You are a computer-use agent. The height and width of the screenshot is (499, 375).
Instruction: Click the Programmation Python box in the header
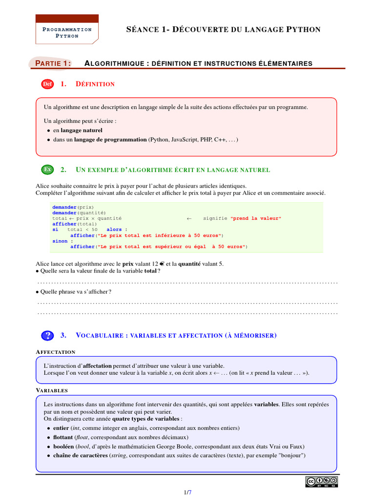(67, 32)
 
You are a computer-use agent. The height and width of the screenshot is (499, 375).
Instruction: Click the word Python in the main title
(303, 30)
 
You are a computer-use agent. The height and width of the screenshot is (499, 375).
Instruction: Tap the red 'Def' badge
(47, 84)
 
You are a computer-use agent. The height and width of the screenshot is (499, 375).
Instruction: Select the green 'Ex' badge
(47, 170)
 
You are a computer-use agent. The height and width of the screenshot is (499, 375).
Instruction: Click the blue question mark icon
(47, 335)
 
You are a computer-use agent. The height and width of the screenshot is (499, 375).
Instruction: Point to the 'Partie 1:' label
(53, 63)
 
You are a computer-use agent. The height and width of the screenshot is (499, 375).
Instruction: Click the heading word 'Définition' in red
(95, 84)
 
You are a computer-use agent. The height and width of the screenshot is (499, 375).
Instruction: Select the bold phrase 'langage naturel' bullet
(82, 130)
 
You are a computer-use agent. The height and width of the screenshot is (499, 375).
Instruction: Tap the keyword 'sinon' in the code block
(60, 241)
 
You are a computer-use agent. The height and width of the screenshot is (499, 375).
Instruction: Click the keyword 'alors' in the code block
(114, 230)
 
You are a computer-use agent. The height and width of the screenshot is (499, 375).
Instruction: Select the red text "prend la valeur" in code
(256, 218)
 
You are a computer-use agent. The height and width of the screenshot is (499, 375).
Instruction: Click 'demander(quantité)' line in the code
(79, 213)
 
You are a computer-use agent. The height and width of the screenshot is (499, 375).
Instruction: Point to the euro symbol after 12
(161, 264)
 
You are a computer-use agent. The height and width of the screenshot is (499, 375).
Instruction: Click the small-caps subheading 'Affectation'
(56, 352)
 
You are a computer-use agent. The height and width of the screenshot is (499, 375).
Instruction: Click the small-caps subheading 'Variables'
(52, 390)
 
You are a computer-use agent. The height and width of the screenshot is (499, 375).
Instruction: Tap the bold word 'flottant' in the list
(63, 437)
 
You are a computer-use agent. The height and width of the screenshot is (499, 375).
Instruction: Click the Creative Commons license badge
(322, 481)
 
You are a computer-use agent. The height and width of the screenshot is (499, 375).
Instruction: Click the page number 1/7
(187, 493)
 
